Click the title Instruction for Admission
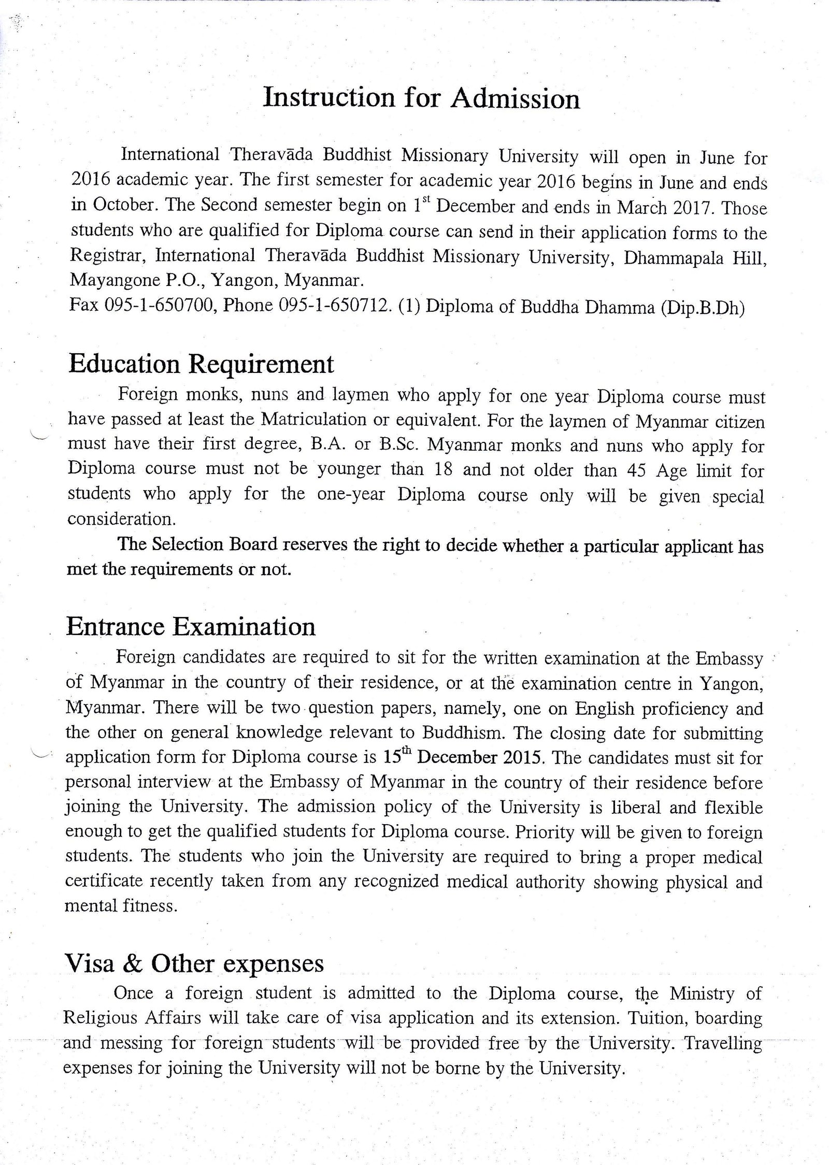click(x=421, y=98)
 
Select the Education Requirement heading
click(x=201, y=364)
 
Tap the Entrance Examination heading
click(x=191, y=626)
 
